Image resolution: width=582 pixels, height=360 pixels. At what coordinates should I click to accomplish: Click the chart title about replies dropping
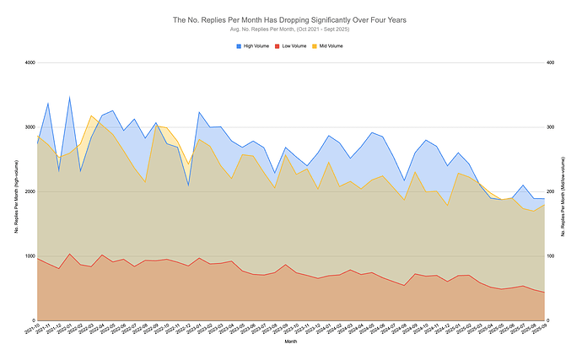(291, 19)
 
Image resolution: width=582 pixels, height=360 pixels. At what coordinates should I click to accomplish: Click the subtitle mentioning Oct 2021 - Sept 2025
(291, 30)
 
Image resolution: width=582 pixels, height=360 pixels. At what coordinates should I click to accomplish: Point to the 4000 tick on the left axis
(28, 62)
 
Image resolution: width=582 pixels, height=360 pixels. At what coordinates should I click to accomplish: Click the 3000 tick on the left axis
(28, 127)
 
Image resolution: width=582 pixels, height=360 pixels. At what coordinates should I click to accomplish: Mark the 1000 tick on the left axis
(28, 256)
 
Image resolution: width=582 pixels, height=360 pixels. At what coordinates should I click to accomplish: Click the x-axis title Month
(291, 342)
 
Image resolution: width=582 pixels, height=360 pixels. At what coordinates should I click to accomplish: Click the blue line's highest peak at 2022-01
(69, 97)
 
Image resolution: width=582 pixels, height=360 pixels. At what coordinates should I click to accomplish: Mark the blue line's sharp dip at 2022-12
(188, 185)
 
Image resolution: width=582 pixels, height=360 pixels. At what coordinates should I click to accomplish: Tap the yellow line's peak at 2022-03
(91, 116)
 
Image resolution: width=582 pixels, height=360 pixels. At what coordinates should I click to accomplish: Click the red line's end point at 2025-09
(544, 293)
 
